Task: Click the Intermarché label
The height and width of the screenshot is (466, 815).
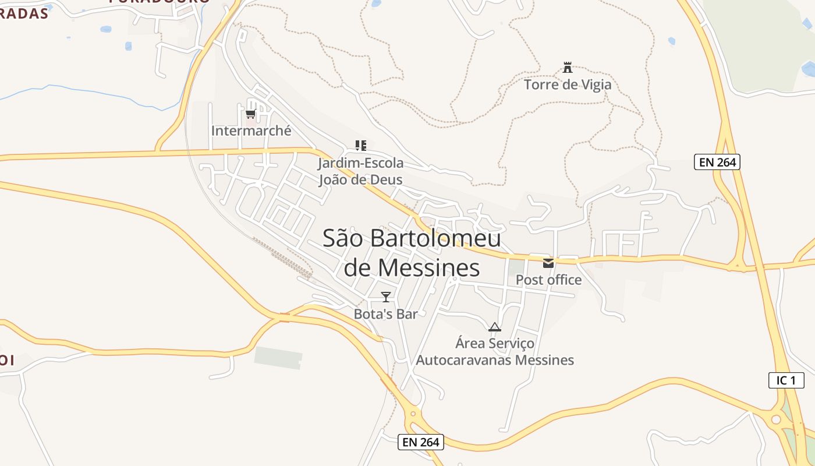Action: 251,130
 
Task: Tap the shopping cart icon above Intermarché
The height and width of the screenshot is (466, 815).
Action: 250,114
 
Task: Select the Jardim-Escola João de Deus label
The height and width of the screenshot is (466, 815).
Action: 360,171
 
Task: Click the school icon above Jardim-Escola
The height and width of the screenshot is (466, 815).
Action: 361,145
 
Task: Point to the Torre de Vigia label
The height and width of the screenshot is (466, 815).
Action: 568,85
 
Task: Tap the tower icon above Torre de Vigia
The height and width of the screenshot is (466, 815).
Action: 568,68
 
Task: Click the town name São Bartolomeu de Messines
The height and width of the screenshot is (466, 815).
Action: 412,253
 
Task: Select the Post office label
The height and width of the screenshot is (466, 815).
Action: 548,280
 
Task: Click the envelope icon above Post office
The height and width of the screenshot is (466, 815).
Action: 548,263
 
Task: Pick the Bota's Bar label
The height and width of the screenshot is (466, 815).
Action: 386,314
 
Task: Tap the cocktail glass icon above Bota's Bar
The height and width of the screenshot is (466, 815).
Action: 386,297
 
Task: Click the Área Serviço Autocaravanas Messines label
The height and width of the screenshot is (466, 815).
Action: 495,351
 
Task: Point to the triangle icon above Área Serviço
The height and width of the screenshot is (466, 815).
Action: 495,327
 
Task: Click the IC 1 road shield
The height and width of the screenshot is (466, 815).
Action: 786,380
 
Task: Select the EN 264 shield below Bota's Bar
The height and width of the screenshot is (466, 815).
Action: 421,442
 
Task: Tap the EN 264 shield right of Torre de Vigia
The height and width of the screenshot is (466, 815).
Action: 717,162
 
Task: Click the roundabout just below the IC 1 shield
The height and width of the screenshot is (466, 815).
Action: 775,419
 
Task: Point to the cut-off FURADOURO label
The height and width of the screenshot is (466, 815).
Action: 159,2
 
